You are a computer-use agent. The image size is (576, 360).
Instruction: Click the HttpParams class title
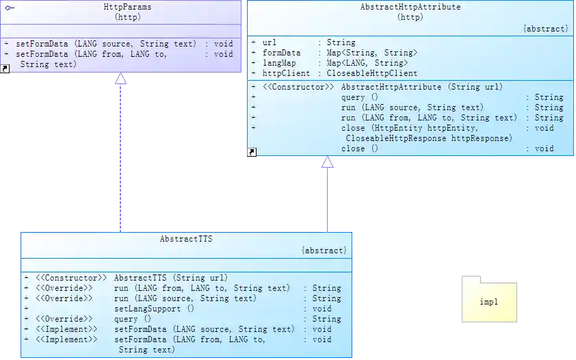[x=127, y=6]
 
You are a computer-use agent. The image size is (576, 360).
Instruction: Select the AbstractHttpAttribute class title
[x=410, y=7]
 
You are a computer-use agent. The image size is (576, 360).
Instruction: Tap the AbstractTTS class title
[x=186, y=240]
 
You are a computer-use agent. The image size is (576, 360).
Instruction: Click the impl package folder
[x=489, y=300]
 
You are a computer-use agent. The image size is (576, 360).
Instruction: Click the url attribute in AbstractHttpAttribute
[x=270, y=42]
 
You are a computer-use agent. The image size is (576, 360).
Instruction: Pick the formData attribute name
[x=282, y=53]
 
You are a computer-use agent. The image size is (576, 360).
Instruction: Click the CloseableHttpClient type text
[x=371, y=73]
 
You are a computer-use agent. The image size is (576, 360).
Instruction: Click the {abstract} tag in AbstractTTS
[x=324, y=251]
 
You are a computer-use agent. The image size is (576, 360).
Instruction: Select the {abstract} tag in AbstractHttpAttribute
[x=545, y=29]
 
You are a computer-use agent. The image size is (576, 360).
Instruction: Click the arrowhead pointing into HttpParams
[x=121, y=79]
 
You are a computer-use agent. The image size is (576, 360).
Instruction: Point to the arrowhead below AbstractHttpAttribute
[x=328, y=162]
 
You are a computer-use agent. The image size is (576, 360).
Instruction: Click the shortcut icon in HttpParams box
[x=5, y=68]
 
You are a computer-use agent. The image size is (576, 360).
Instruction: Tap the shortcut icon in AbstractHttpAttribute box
[x=252, y=152]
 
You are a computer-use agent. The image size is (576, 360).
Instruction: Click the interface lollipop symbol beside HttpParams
[x=10, y=6]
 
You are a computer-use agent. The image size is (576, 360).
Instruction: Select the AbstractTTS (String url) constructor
[x=170, y=278]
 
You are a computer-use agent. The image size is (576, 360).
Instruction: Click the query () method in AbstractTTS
[x=133, y=319]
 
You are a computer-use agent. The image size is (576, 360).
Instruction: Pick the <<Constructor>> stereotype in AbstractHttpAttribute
[x=298, y=87]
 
